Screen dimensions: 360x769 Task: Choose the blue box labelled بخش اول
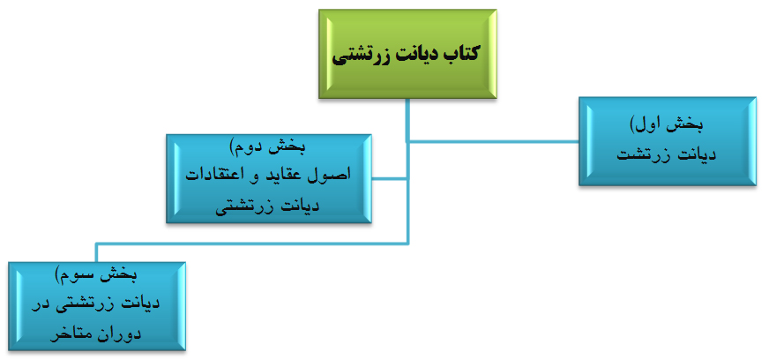point(668,141)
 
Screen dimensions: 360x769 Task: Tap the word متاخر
point(70,334)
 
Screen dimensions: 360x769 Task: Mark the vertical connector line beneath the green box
point(407,119)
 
